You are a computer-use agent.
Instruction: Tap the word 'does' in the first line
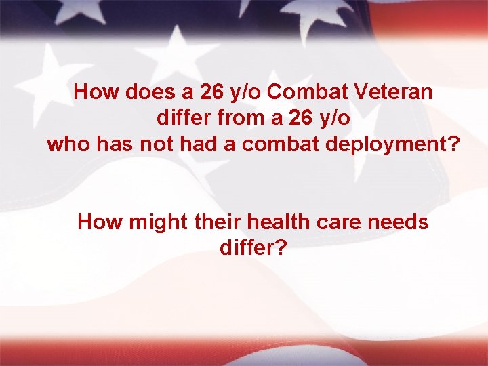tap(140, 91)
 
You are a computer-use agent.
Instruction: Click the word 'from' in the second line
tap(234, 118)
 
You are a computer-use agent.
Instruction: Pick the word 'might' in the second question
tap(146, 222)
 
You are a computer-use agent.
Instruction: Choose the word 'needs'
tap(396, 222)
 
